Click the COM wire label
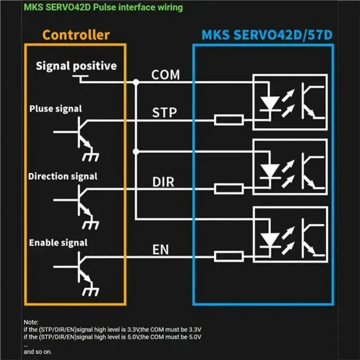[x=165, y=75]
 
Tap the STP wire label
[x=164, y=112]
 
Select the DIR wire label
[x=163, y=182]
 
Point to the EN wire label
[x=160, y=249]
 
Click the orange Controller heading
[x=76, y=35]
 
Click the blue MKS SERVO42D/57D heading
[x=267, y=35]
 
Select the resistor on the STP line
[x=229, y=120]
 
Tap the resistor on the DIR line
[x=229, y=189]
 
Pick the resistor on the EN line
[x=229, y=256]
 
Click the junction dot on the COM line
[x=136, y=82]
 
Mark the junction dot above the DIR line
[x=136, y=151]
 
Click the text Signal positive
[x=76, y=66]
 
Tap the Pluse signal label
[x=56, y=109]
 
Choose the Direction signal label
[x=62, y=176]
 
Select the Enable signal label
[x=58, y=242]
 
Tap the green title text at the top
[x=103, y=7]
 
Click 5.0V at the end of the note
[x=195, y=337]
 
